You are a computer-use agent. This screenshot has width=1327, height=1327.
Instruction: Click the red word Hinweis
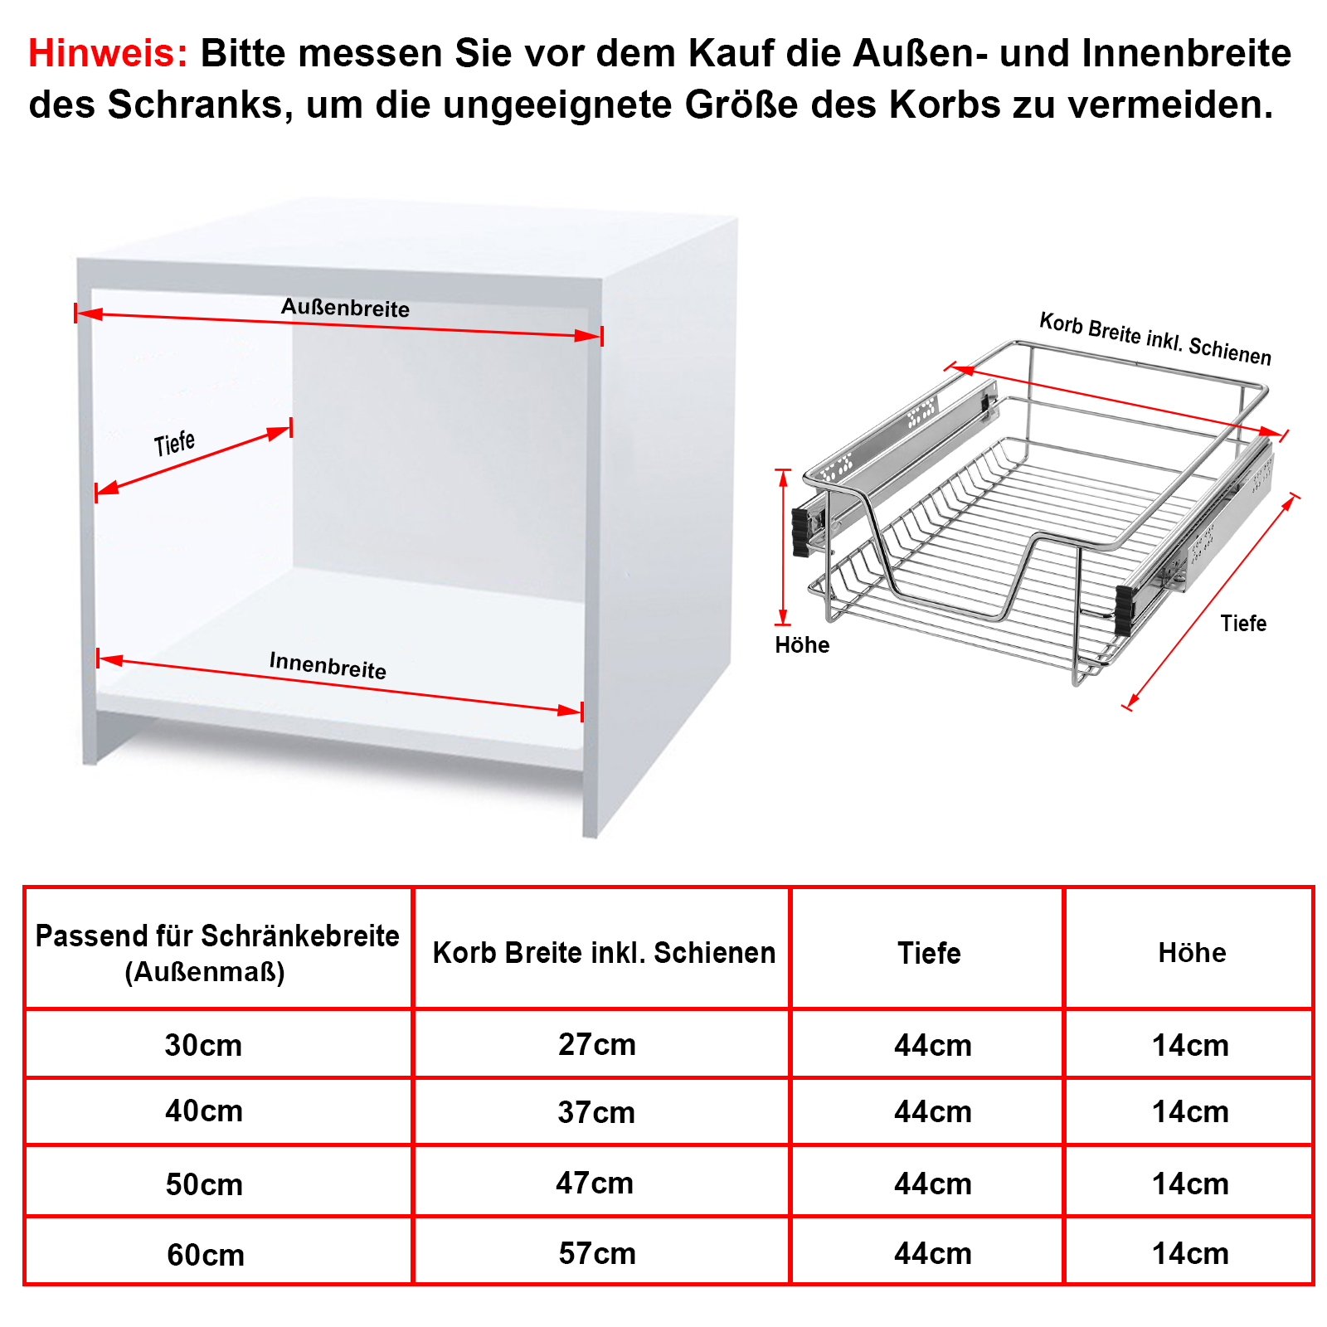pos(109,53)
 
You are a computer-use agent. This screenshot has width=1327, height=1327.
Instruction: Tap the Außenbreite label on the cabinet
pos(345,308)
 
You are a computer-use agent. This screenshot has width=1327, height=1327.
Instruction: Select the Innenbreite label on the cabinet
pos(328,665)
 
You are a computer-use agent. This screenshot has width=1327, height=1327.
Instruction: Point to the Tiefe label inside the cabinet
pos(174,443)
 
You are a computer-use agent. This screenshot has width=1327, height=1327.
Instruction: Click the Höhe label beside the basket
pos(802,644)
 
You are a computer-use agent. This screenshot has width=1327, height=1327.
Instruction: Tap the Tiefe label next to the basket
pos(1243,623)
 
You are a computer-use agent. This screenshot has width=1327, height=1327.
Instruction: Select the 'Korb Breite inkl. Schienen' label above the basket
pos(1155,338)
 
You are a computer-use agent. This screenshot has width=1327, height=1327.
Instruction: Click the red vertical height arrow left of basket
pos(783,547)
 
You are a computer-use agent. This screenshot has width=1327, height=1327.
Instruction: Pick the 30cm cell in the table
pos(203,1045)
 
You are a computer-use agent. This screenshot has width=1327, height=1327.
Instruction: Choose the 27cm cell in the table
pos(597,1044)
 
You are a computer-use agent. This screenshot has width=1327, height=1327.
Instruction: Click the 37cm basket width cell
pos(597,1112)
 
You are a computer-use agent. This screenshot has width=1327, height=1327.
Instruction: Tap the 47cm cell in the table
pos(595,1183)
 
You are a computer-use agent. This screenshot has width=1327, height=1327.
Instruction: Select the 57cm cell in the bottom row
pos(597,1253)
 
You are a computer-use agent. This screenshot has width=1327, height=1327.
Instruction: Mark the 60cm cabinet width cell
pos(206,1255)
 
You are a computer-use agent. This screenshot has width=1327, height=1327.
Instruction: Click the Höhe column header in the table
pos(1192,952)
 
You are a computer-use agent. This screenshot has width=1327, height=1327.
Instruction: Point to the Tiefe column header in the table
pos(929,953)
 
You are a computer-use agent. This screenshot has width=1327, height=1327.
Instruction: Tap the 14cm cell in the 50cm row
pos(1190,1184)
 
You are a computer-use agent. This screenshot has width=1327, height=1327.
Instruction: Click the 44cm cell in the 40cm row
pos(933,1111)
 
